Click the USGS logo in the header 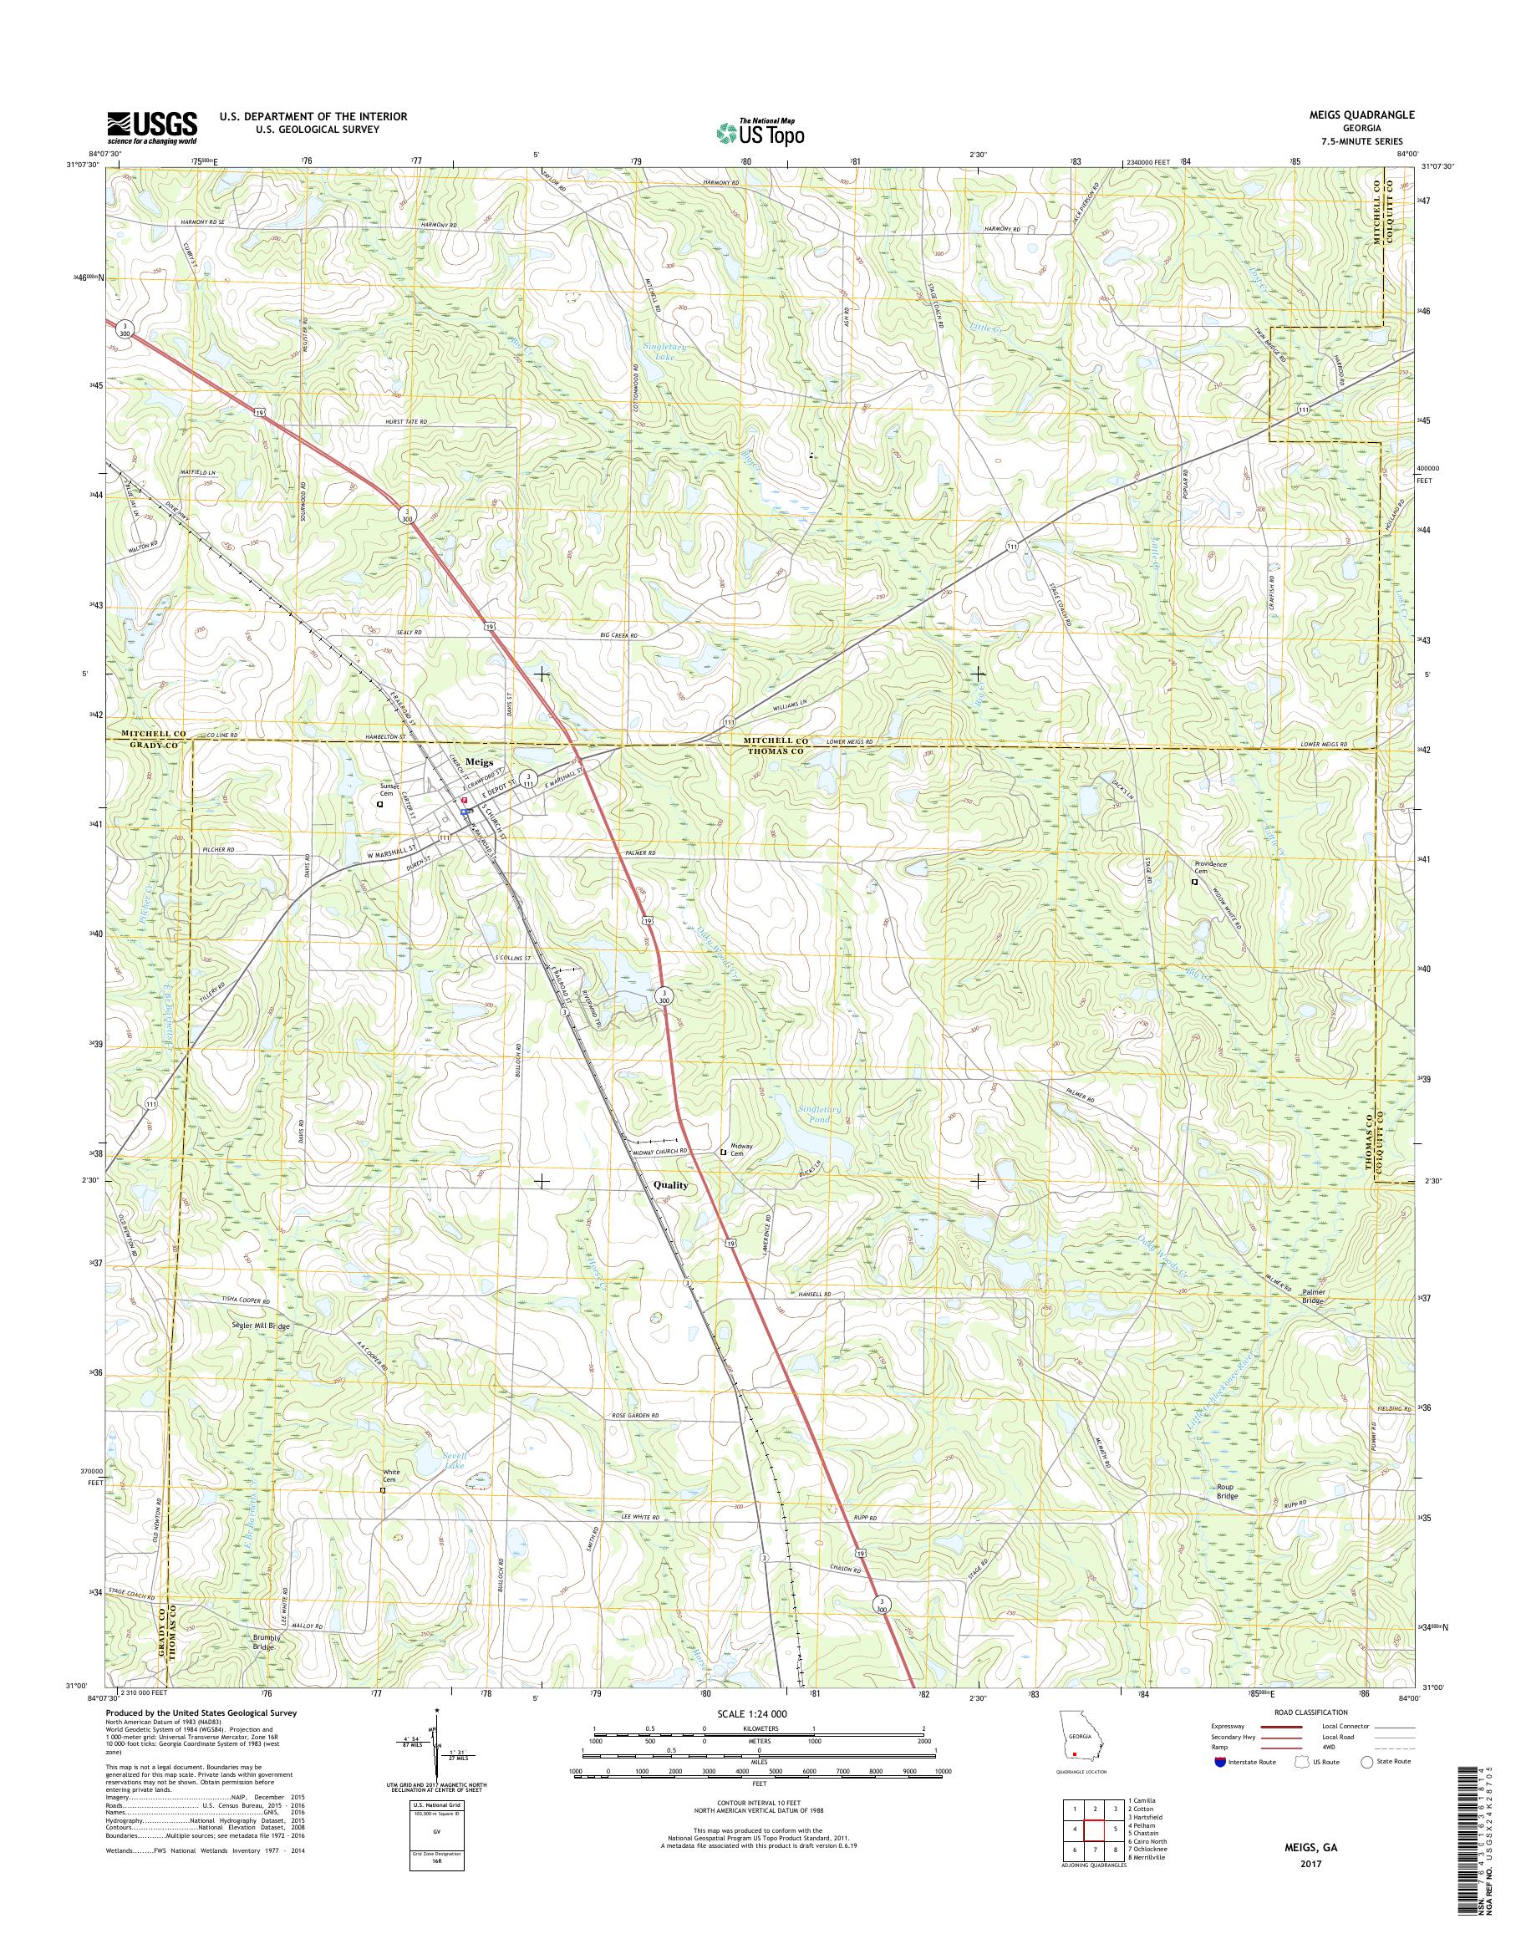pyautogui.click(x=151, y=127)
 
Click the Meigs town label pyautogui.click(x=478, y=762)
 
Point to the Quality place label pyautogui.click(x=670, y=1185)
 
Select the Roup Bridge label pyautogui.click(x=1228, y=1491)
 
